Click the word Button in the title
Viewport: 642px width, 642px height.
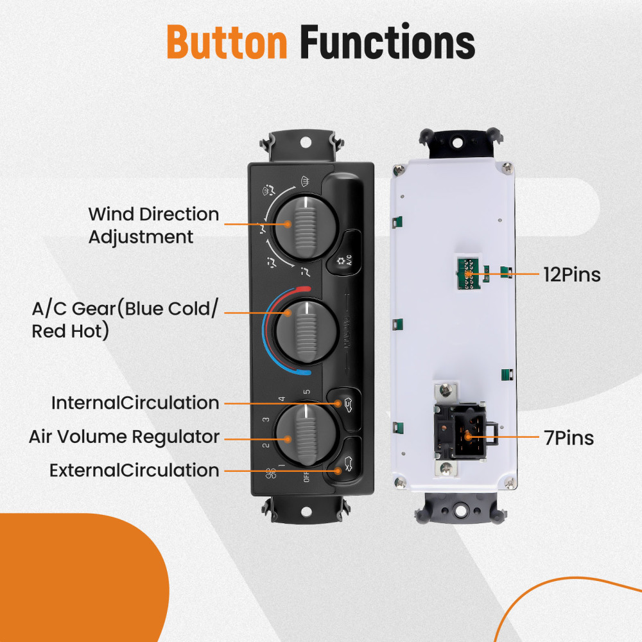(226, 44)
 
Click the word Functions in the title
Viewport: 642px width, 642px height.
(387, 44)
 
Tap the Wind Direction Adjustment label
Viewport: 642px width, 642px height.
(153, 225)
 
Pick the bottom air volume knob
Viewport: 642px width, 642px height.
(301, 434)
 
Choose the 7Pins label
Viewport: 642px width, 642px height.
(569, 438)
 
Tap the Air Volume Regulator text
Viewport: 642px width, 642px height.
(124, 437)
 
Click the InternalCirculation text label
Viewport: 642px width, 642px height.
(135, 403)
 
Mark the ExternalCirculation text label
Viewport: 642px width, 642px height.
(134, 471)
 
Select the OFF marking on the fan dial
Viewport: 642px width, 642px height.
(306, 476)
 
